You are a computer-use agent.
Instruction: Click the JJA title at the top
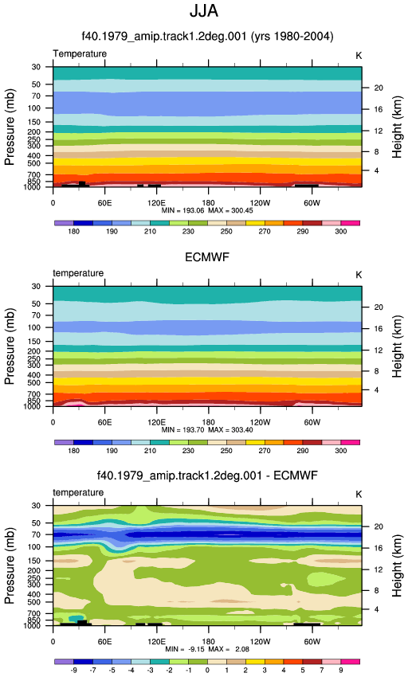pyautogui.click(x=204, y=11)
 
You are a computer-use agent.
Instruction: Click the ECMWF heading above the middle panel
pyautogui.click(x=207, y=257)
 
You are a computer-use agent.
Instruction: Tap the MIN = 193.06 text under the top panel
pyautogui.click(x=182, y=211)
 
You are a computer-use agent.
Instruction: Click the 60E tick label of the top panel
pyautogui.click(x=104, y=203)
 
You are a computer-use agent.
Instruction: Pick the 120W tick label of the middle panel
pyautogui.click(x=260, y=422)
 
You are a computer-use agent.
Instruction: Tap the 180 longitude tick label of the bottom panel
pyautogui.click(x=208, y=642)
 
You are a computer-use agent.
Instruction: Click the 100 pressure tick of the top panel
pyautogui.click(x=33, y=108)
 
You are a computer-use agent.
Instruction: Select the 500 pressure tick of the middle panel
pyautogui.click(x=33, y=383)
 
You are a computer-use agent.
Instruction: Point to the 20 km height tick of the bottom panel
pyautogui.click(x=379, y=526)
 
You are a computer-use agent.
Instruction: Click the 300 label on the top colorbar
pyautogui.click(x=340, y=232)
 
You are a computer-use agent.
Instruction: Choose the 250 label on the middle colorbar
pyautogui.click(x=226, y=451)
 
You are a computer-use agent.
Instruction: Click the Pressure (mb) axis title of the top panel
pyautogui.click(x=10, y=127)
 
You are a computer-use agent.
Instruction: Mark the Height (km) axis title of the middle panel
pyautogui.click(x=397, y=346)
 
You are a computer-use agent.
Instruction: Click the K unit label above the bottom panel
pyautogui.click(x=359, y=495)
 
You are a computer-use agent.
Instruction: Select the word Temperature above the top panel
pyautogui.click(x=80, y=53)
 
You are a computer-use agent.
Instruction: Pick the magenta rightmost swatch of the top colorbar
pyautogui.click(x=350, y=223)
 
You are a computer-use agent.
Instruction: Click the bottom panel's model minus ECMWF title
pyautogui.click(x=207, y=475)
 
